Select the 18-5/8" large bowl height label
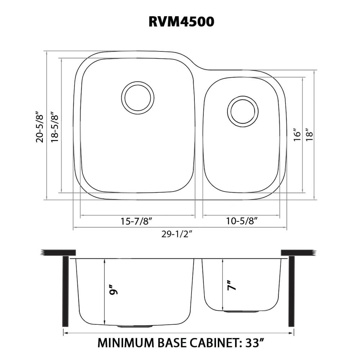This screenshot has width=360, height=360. point(55,127)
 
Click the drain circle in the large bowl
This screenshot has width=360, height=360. point(138,98)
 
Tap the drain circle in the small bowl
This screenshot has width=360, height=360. point(242,111)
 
